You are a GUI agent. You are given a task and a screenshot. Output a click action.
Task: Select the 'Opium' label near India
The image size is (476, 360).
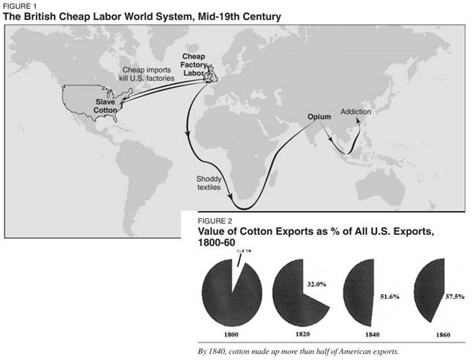coord(318,117)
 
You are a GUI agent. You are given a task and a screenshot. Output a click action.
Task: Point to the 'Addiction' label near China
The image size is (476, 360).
coord(355,111)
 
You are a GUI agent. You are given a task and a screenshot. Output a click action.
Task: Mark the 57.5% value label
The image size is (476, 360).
coord(448,293)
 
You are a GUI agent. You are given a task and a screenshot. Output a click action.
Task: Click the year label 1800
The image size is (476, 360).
coord(230,334)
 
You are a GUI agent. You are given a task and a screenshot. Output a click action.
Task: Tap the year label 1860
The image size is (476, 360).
coord(429,334)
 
